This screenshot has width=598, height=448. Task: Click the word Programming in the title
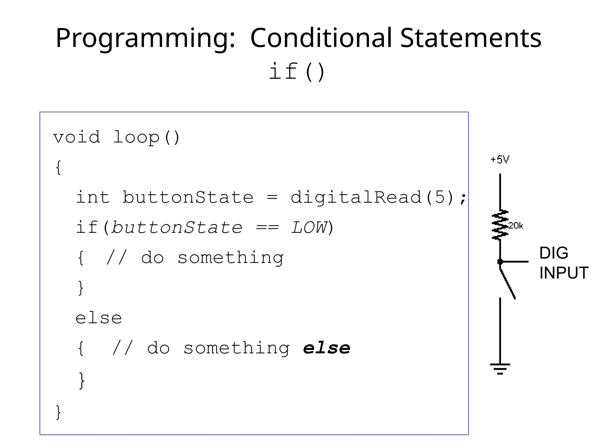click(145, 38)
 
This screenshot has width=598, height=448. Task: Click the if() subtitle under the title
click(296, 71)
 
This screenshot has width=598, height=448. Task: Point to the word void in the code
click(77, 137)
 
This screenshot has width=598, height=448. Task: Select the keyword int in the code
click(93, 197)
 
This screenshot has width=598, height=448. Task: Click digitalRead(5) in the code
click(372, 197)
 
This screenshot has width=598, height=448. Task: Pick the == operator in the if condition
click(267, 228)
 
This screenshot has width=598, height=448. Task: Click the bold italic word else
click(326, 348)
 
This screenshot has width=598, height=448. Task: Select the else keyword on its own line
click(99, 318)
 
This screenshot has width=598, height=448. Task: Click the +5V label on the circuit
click(500, 160)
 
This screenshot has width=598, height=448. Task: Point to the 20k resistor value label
click(516, 226)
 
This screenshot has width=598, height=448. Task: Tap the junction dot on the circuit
click(500, 262)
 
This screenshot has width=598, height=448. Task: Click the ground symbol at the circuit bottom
click(500, 368)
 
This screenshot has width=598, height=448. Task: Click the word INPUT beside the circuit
click(564, 273)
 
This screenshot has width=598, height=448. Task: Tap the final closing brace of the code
click(58, 412)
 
